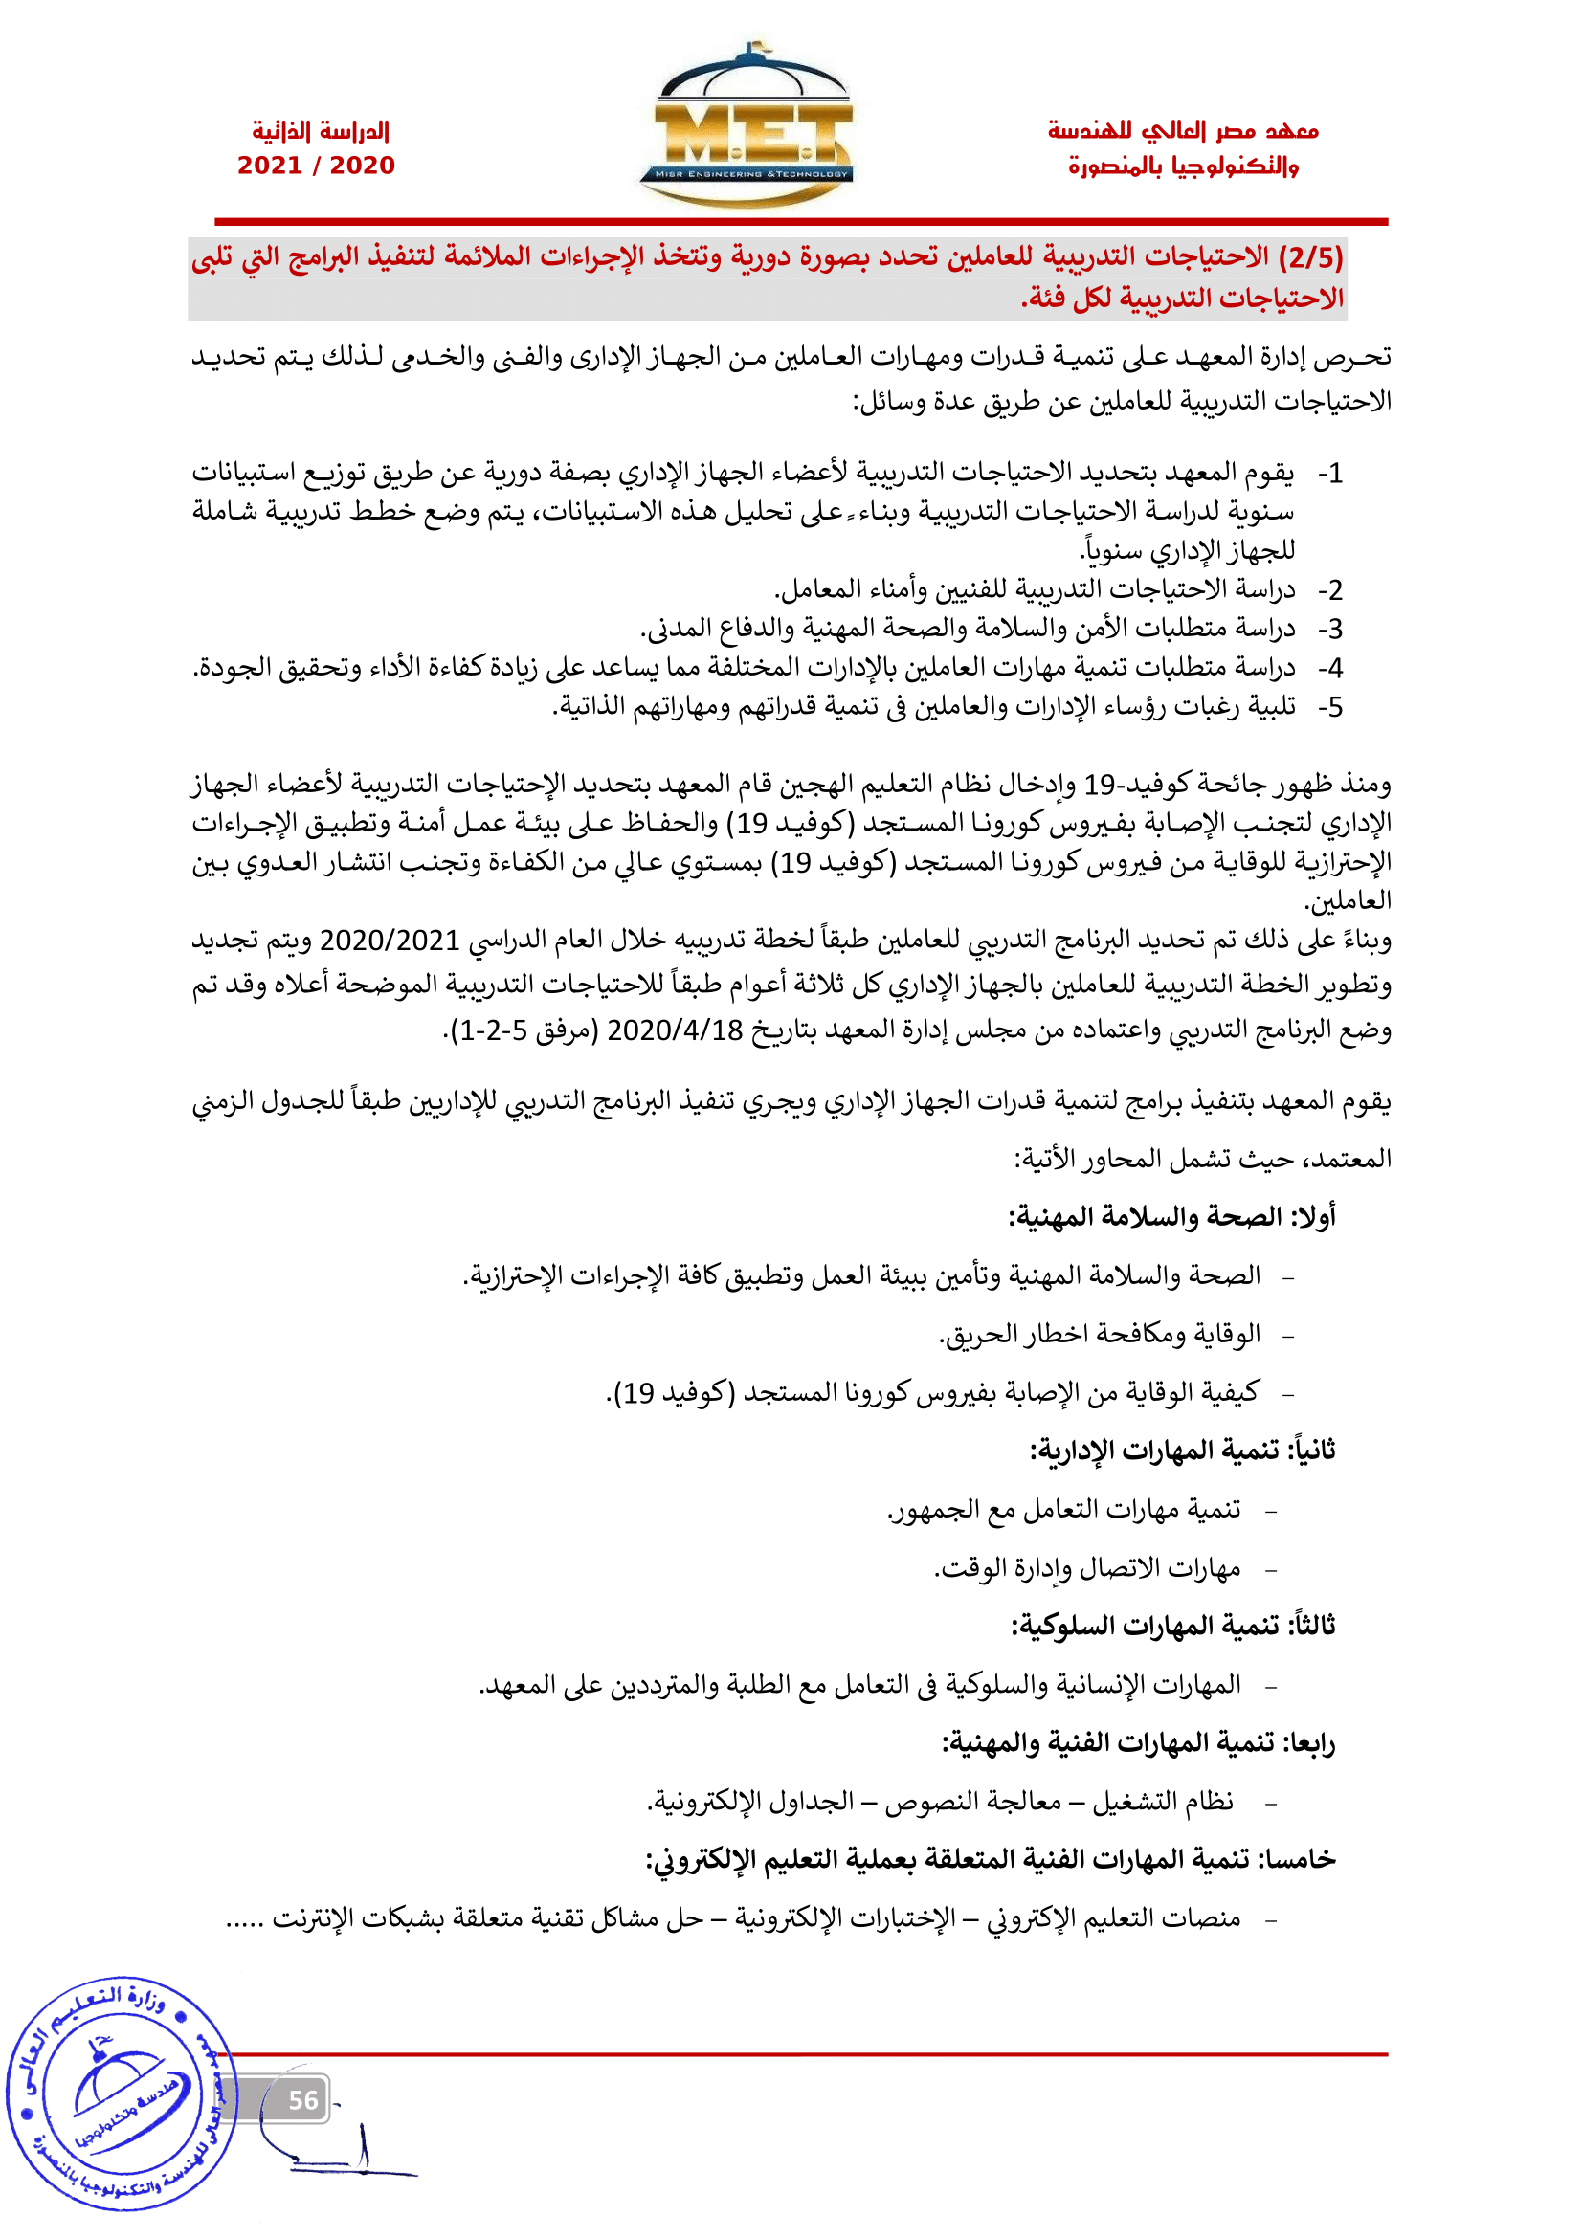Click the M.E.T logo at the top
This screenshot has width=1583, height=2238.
tap(746, 126)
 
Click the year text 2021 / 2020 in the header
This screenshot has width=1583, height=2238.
tap(316, 165)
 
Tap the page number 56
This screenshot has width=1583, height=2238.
tap(303, 2099)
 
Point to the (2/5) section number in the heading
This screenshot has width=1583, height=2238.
tap(1311, 257)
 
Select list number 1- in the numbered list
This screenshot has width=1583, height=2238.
tap(1330, 474)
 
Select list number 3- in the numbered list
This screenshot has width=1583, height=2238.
tap(1330, 630)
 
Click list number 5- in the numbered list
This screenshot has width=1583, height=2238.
tap(1330, 708)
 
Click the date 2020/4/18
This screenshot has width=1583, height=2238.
tap(675, 1030)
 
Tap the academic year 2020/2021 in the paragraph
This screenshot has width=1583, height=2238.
tap(389, 941)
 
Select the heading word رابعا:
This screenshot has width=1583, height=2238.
tap(1309, 1742)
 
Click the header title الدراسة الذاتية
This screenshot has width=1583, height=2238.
tap(321, 131)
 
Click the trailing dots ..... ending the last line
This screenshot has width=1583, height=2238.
tap(245, 1921)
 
